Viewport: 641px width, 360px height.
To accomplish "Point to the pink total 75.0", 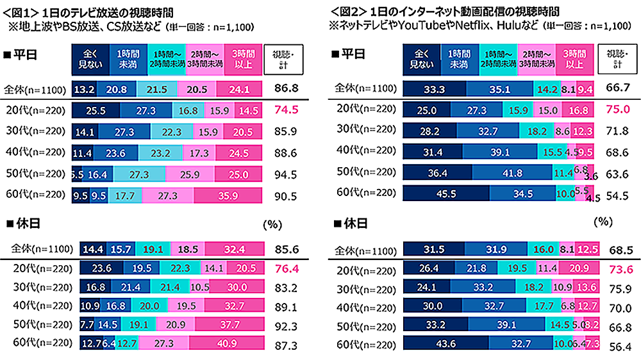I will point(619,110).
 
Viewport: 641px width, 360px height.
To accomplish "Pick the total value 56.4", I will point(619,346).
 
